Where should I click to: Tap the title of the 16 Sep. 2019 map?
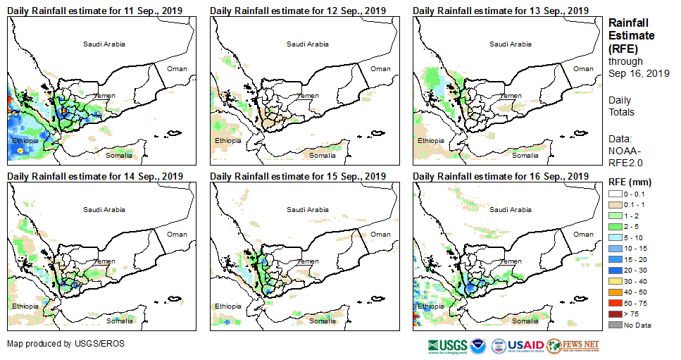(501, 176)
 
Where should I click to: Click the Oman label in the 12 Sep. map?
(380, 68)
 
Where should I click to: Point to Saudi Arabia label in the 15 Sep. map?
(307, 209)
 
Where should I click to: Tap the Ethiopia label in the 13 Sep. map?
(431, 141)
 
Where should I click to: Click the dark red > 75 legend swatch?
(616, 314)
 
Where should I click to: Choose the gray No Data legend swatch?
(616, 324)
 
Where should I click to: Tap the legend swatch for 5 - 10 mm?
(616, 237)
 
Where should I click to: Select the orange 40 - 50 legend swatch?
(616, 292)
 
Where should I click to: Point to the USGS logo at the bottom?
(446, 346)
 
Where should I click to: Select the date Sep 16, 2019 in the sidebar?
(639, 73)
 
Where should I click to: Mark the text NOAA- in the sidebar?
(625, 150)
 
